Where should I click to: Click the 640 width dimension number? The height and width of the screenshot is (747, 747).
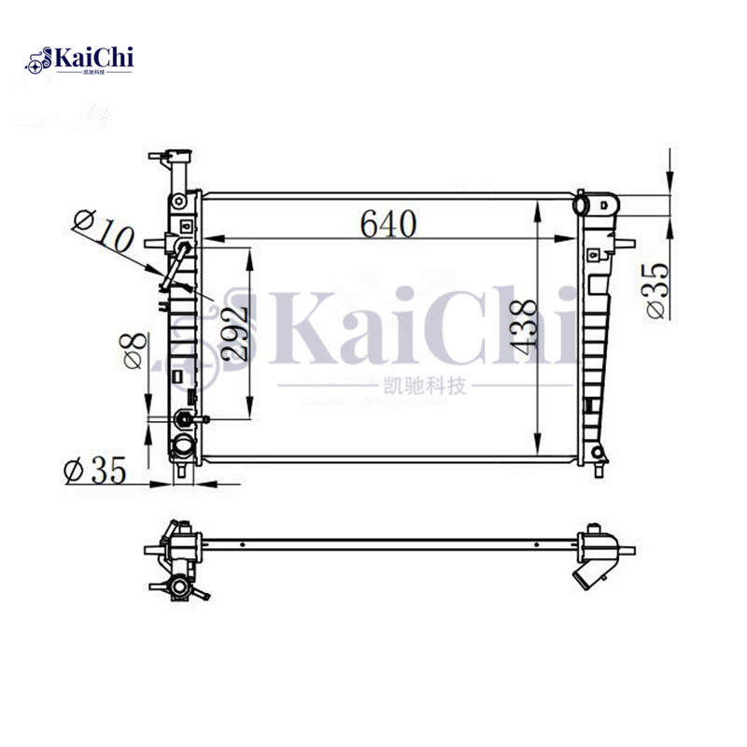coord(388,223)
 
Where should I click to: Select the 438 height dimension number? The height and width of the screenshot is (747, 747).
coord(523,328)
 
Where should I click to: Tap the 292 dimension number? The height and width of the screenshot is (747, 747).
coord(234,332)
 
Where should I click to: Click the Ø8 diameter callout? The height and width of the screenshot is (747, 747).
coord(134,350)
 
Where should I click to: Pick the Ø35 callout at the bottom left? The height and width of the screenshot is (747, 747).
coord(95,470)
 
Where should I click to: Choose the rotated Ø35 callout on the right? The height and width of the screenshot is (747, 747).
coord(657,290)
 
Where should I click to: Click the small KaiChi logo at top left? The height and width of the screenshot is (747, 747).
coord(79,60)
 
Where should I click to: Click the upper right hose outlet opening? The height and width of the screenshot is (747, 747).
coord(581,204)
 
